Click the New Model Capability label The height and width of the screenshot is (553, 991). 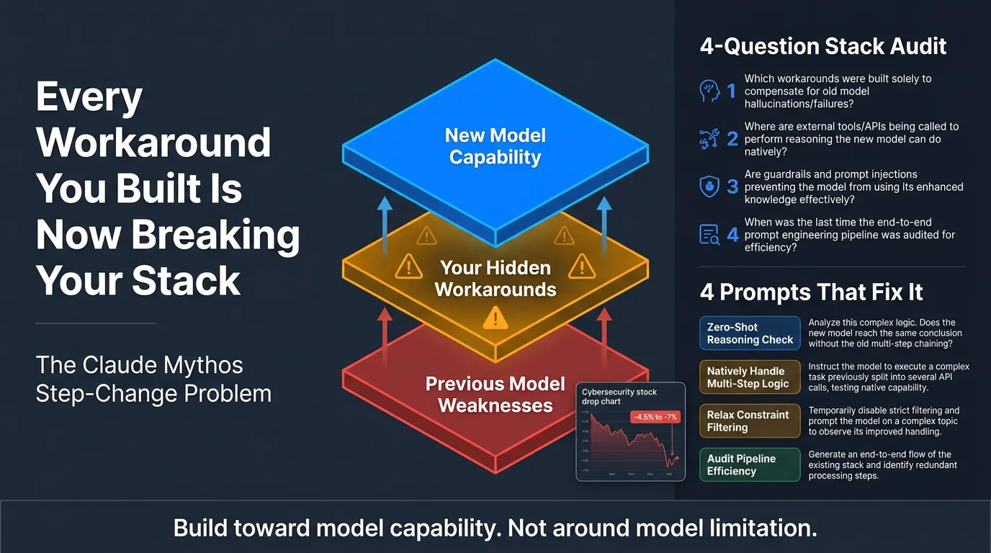coord(495,146)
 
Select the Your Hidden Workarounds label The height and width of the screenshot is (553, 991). coord(495,279)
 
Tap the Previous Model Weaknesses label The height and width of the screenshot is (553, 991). coord(495,394)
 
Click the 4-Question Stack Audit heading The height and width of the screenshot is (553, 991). coord(822,47)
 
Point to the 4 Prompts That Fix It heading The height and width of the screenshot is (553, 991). coord(811,292)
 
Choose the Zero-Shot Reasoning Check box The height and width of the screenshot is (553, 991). coord(750,333)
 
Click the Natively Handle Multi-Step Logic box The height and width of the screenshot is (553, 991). coord(750,377)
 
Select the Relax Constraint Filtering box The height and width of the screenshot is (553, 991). coord(750,421)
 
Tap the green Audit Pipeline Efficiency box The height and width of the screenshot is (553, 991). coord(750,465)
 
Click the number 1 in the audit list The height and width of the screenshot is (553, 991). coord(731,91)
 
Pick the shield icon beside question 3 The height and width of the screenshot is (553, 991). coord(709,186)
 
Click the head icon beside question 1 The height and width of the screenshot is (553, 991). coord(709,91)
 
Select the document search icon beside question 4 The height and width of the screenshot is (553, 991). coord(709,235)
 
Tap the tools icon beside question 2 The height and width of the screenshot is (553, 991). coord(709,138)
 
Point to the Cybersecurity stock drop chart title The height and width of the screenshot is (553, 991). coord(619,397)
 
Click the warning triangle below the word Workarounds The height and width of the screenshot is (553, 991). coord(495,317)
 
